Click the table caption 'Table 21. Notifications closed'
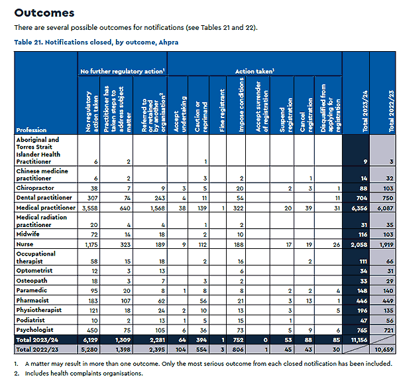(95, 41)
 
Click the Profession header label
(32, 130)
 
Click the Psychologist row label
(35, 329)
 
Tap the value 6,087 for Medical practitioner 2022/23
(383, 207)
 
